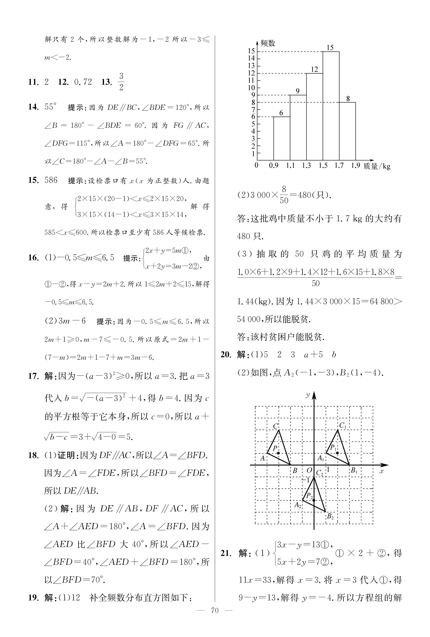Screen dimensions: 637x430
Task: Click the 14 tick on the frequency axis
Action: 251,58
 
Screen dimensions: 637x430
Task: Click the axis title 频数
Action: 268,43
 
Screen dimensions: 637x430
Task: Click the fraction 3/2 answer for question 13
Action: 121,82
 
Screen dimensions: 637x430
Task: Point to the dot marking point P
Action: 278,453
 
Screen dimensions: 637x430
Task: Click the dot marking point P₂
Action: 314,500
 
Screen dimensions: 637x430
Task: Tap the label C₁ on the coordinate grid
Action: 343,426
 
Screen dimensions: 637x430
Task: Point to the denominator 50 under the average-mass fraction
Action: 316,283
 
